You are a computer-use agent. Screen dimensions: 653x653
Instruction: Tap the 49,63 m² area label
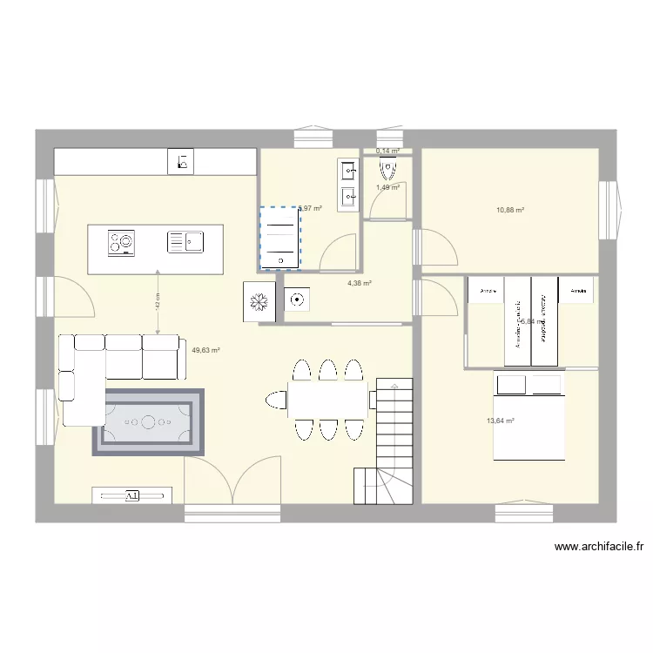click(x=205, y=351)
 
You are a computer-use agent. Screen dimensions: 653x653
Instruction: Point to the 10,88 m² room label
click(x=510, y=210)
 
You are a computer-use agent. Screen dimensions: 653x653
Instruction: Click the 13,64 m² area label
click(x=500, y=421)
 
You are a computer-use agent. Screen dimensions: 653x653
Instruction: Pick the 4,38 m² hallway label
click(x=360, y=283)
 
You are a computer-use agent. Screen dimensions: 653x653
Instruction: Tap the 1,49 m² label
click(x=387, y=187)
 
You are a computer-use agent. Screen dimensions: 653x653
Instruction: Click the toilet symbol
click(x=297, y=300)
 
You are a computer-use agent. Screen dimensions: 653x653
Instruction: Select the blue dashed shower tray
click(x=279, y=238)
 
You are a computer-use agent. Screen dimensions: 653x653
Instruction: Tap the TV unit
click(x=132, y=495)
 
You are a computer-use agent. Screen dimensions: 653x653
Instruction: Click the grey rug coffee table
click(x=148, y=423)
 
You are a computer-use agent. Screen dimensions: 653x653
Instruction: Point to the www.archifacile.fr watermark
click(x=598, y=548)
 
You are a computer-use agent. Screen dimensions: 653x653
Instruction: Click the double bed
click(x=528, y=414)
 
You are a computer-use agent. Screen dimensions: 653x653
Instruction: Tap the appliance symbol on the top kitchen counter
click(x=184, y=161)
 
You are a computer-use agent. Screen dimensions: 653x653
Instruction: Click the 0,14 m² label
click(x=387, y=151)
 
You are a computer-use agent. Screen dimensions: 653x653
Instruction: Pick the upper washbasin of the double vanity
click(x=348, y=170)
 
